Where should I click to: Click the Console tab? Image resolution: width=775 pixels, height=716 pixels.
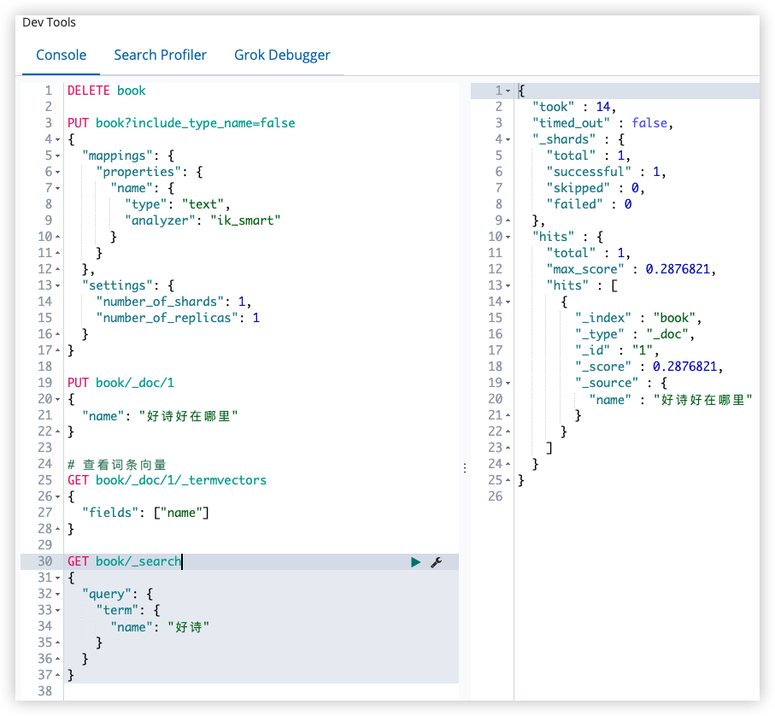62,55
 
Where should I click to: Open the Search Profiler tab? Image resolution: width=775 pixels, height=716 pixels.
160,55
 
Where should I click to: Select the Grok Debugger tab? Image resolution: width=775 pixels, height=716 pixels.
282,56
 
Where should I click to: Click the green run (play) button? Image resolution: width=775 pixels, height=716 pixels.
415,562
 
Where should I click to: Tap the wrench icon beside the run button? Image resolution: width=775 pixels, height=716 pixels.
436,562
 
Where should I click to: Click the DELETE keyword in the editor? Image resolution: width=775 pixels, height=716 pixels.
89,91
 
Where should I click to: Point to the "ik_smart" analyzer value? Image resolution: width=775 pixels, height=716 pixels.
245,220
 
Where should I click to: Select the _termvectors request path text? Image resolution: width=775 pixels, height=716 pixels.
181,480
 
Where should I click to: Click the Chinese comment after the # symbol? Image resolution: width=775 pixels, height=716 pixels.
124,465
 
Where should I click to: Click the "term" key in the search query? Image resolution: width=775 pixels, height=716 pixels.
118,610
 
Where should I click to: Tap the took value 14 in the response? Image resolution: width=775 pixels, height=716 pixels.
603,107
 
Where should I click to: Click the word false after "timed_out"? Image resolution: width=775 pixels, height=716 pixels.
649,123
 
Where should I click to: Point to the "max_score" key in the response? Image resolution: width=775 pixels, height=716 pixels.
585,269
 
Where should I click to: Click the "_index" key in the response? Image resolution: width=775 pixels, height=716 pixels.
603,318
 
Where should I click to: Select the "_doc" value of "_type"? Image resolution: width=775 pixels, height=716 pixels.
667,334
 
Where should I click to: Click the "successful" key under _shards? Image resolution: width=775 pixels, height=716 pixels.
589,172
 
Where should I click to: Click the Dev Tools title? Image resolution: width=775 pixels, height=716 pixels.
49,22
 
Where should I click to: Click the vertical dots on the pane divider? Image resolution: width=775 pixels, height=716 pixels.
465,468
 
